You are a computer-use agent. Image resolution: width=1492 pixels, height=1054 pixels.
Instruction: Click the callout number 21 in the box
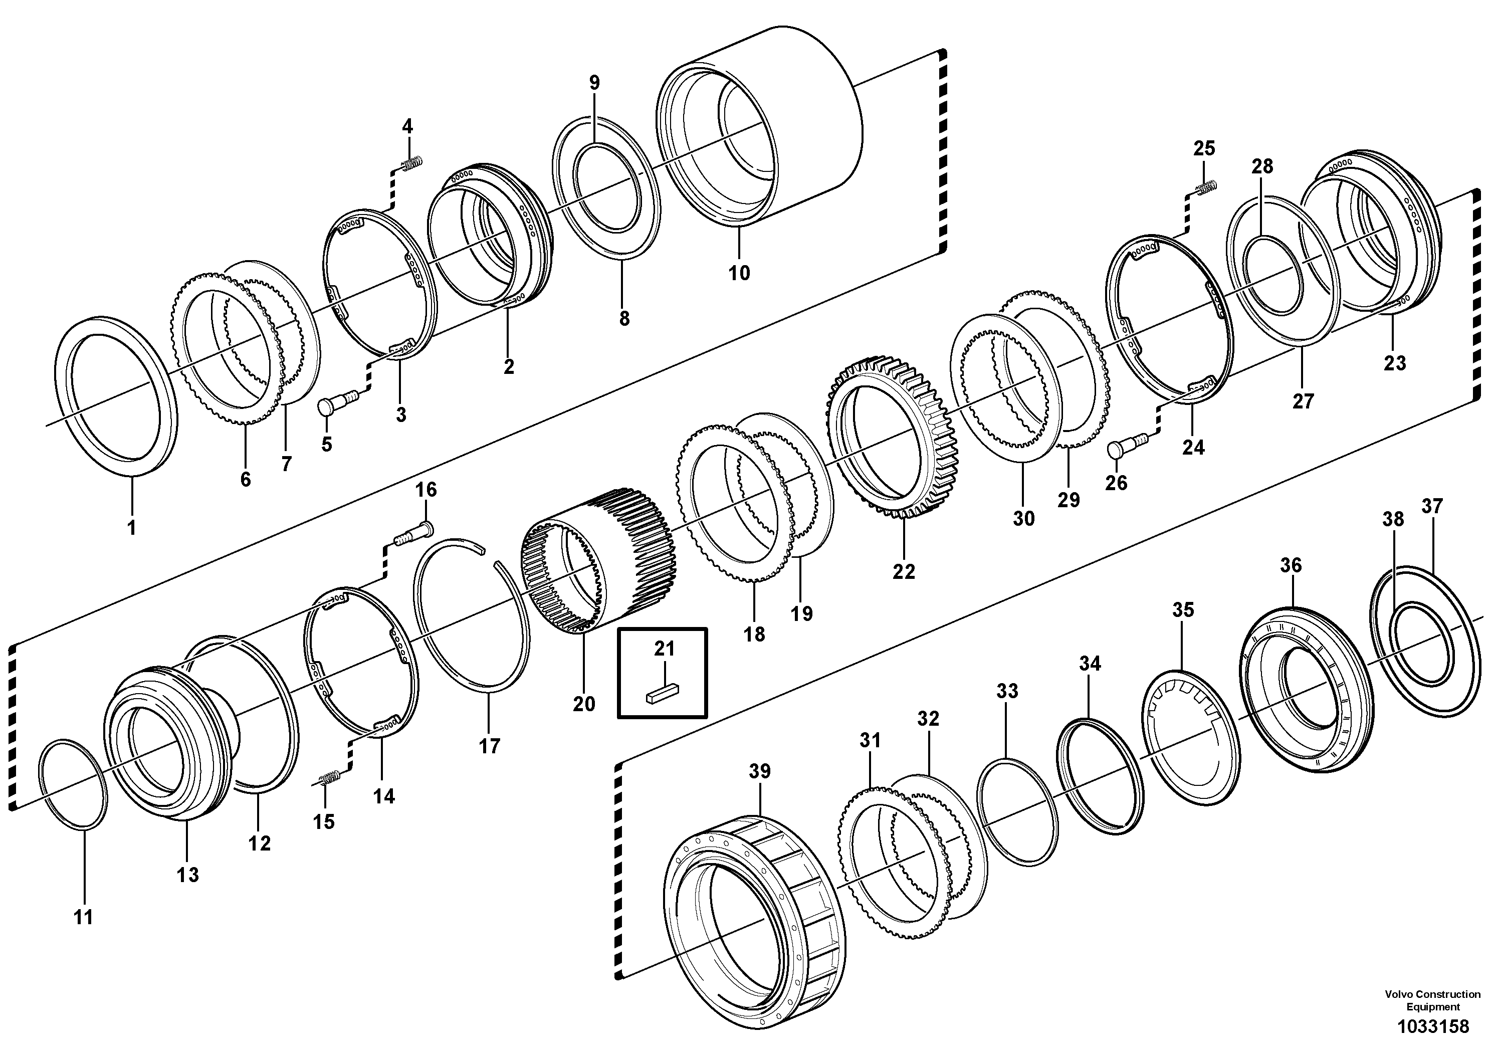(x=664, y=649)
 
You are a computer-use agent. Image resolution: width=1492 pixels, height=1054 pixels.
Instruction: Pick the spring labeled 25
(x=1207, y=188)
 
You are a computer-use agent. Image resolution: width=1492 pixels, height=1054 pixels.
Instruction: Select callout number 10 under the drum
(x=739, y=273)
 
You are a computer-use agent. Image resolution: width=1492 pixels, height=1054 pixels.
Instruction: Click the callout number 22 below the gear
(x=903, y=571)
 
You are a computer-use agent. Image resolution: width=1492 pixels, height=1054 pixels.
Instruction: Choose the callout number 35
(x=1183, y=609)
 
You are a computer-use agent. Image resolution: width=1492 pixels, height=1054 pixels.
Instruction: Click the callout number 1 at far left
(x=131, y=528)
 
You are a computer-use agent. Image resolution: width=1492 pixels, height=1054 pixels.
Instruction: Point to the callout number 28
(x=1262, y=166)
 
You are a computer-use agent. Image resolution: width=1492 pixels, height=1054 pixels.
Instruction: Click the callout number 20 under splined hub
(x=583, y=704)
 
